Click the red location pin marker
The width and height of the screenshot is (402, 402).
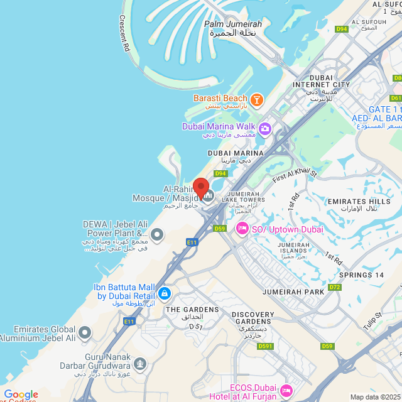point(200,188)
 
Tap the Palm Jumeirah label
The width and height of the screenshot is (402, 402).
point(232,24)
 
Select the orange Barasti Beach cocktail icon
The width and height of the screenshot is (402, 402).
point(256,99)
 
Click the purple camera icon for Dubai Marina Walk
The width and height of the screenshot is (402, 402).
point(264,129)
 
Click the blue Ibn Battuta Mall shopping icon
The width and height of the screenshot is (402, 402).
point(164,293)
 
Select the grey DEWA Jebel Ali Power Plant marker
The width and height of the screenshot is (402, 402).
point(157,235)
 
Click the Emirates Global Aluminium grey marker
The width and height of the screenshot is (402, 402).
point(85,332)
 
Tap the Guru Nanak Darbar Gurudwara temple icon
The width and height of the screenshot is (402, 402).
point(140,363)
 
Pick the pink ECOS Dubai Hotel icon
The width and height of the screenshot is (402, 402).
point(285,391)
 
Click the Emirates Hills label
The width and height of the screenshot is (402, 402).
point(359,201)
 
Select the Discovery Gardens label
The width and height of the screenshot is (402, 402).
point(253,318)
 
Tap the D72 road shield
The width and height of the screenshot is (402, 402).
point(334,287)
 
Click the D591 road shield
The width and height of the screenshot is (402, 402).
point(265,346)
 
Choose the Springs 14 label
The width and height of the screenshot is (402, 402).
point(361,275)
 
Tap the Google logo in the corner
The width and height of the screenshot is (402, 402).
point(21,394)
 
